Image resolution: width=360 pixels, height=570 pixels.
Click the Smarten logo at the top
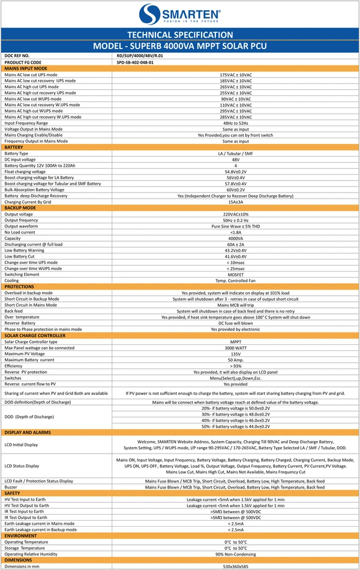coord(180,13)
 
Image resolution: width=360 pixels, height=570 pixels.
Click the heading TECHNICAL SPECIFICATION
coord(180,35)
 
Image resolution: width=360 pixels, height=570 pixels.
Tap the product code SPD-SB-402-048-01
coord(135,62)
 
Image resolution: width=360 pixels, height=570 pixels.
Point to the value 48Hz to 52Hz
coord(236,123)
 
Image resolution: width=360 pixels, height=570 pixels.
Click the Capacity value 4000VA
coord(236,238)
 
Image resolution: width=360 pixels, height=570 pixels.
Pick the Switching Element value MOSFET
coord(236,274)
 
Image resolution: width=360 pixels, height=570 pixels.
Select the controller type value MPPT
coord(236,341)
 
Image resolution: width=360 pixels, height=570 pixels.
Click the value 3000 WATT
coord(236,347)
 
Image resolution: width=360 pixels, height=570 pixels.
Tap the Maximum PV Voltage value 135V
coord(236,354)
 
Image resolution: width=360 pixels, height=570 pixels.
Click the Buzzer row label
coord(11,486)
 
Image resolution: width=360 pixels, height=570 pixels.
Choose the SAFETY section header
coord(13,493)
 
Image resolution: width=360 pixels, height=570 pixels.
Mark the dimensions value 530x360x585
coord(236,566)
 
